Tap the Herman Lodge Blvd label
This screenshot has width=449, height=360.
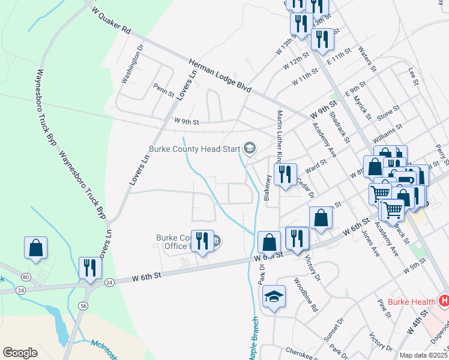pos(219,74)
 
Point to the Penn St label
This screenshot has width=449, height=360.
pos(163,90)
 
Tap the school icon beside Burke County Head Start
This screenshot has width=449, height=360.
pos(249,148)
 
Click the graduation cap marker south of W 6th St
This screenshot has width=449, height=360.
pos(274,296)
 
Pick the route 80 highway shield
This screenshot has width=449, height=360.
pos(25,277)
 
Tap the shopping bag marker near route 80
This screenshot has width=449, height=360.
pos(36,247)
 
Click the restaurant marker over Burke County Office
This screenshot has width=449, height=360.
pos(202,241)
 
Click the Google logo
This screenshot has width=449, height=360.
pos(20,353)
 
